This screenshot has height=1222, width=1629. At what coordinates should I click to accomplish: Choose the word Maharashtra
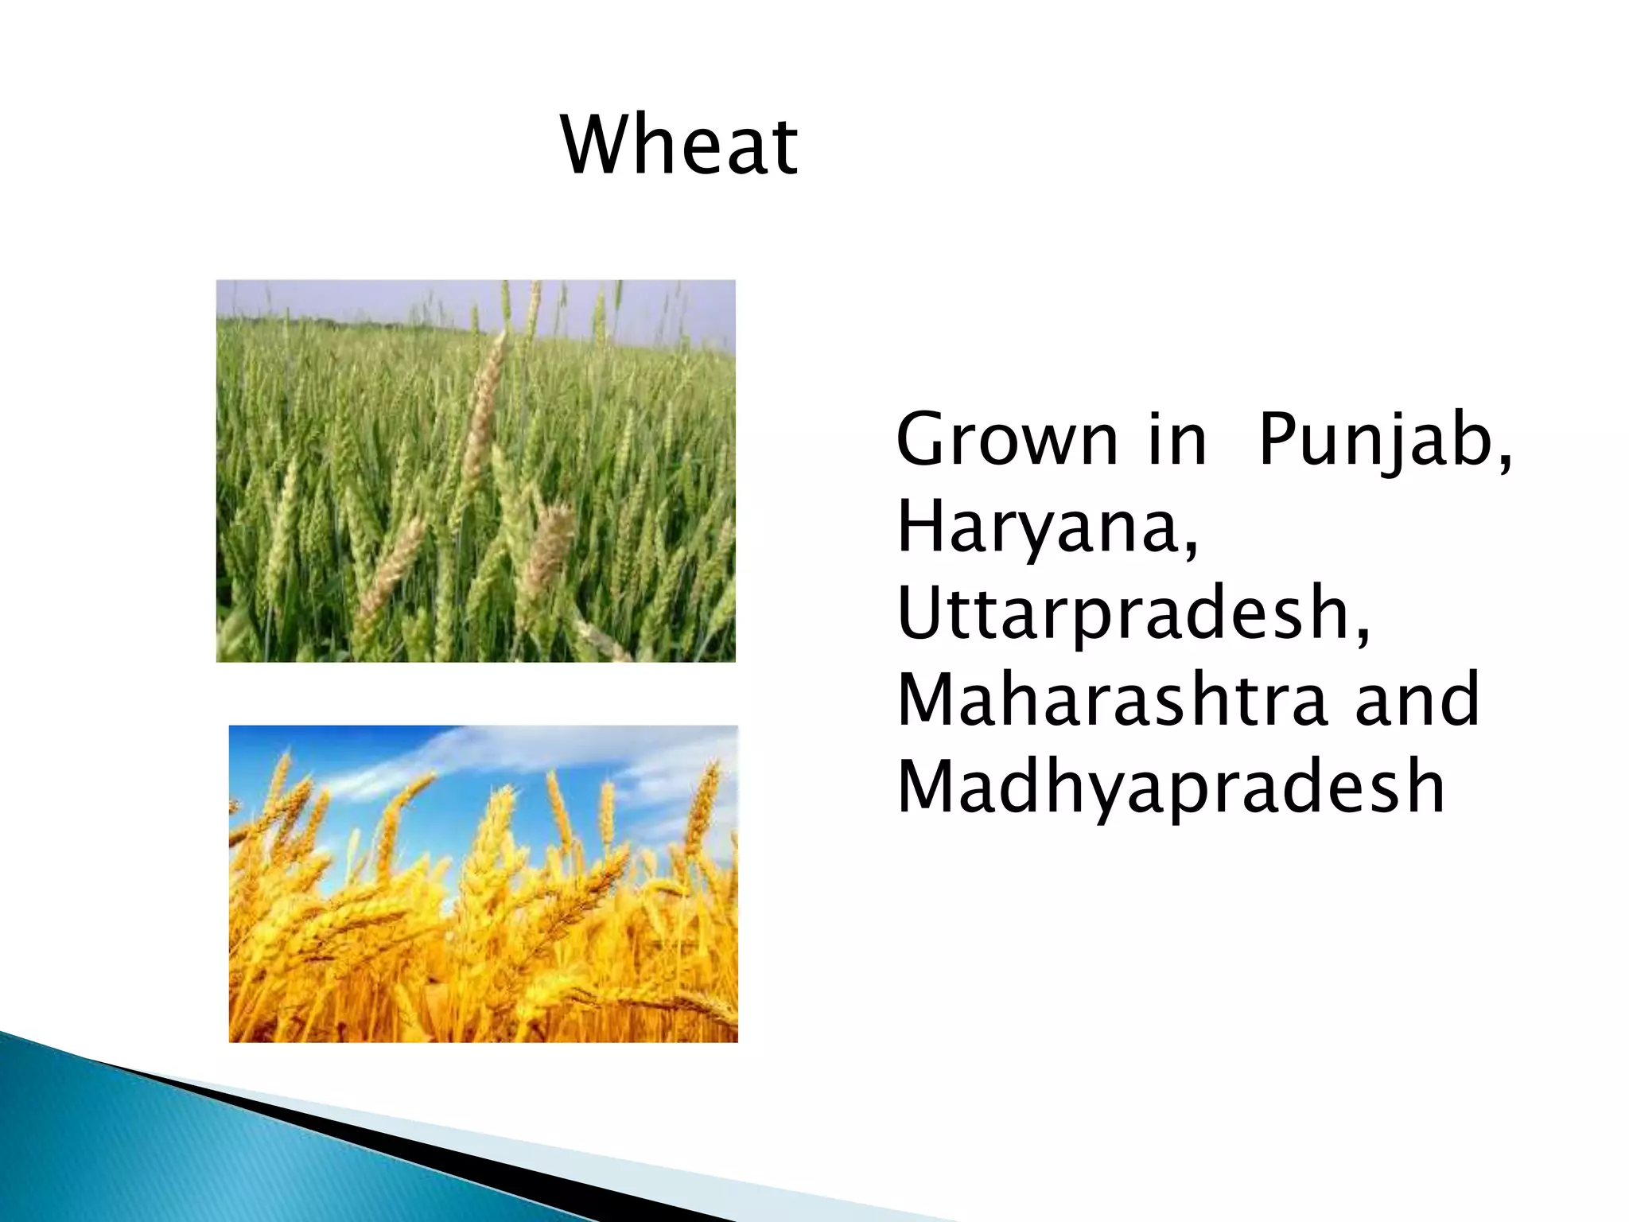[x=1111, y=700]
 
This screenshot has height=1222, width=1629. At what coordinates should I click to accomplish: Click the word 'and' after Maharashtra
[x=1417, y=700]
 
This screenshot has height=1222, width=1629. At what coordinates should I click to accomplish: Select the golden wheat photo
[x=483, y=915]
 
